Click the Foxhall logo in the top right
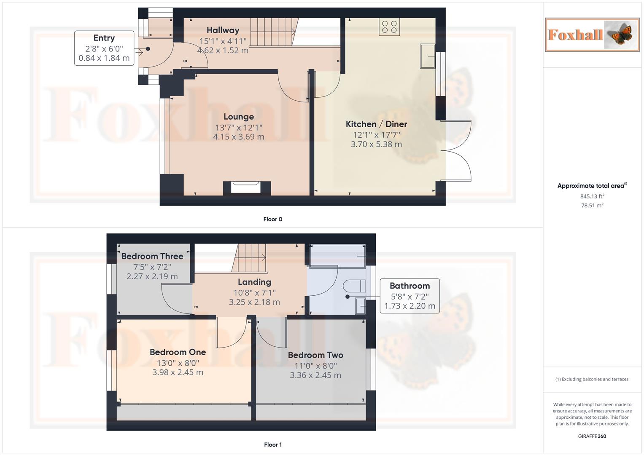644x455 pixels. tap(592, 35)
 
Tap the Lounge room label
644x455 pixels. tap(239, 117)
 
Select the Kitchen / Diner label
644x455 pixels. tap(376, 124)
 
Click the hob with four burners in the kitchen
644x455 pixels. tap(389, 27)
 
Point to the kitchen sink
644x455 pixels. tap(428, 56)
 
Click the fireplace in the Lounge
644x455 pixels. tap(247, 187)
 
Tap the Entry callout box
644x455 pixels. tap(104, 48)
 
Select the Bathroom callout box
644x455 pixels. tap(410, 296)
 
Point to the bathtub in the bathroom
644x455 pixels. tap(337, 256)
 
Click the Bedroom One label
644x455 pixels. tap(178, 352)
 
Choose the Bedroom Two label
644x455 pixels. tap(315, 355)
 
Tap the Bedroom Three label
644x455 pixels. tap(152, 256)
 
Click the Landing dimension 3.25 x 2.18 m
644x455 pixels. tap(254, 302)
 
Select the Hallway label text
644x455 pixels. tap(223, 30)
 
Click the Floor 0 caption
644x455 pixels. tap(272, 219)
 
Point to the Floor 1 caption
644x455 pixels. tap(272, 444)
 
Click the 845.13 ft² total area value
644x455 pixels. tap(592, 196)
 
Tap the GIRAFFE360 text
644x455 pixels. tap(592, 436)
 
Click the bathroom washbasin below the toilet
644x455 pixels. tap(360, 306)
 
